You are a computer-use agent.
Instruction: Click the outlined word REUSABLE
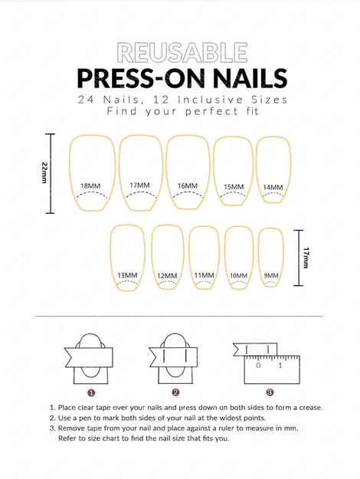click(x=182, y=53)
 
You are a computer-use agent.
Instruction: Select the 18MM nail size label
click(x=90, y=185)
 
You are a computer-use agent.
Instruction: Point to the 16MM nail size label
click(x=188, y=185)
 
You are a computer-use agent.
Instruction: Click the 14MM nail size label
click(x=273, y=187)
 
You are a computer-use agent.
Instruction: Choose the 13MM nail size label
click(x=127, y=275)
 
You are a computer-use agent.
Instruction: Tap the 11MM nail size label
click(x=205, y=275)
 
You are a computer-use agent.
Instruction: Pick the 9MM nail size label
click(x=271, y=276)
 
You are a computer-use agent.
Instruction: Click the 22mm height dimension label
click(x=44, y=173)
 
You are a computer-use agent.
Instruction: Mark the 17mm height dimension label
click(x=306, y=258)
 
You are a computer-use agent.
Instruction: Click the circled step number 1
click(x=91, y=392)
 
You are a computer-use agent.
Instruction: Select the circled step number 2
click(x=175, y=392)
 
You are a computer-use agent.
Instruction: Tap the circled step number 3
click(x=270, y=392)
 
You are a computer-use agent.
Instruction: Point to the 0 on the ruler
click(x=258, y=366)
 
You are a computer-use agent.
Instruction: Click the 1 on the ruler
click(x=280, y=366)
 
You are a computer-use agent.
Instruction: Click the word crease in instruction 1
click(x=310, y=408)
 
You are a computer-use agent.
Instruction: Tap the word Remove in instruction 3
click(x=72, y=428)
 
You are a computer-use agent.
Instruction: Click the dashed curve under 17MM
click(x=141, y=194)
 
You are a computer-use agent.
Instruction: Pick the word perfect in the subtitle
click(x=211, y=111)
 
